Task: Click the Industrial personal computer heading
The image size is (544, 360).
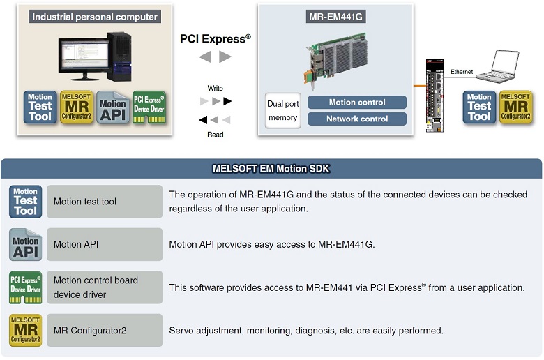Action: coord(95,16)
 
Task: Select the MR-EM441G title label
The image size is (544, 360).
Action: coord(335,16)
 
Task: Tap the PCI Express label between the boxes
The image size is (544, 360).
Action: coord(215,39)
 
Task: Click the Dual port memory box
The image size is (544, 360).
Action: coord(282,110)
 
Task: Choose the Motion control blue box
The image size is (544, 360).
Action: coord(356,103)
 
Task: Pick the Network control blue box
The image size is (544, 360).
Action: coord(356,119)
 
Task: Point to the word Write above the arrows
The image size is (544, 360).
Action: coord(215,89)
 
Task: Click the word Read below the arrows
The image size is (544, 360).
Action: coord(215,135)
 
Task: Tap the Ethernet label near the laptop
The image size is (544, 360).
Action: coord(462,72)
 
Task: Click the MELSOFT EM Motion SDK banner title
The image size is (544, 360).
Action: coord(271,168)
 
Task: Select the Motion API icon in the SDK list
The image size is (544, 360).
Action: coord(26,244)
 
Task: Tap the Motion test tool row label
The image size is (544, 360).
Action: coord(85,202)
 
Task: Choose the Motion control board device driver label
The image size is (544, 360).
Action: coord(96,287)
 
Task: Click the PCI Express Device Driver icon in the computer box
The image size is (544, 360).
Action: coord(149,107)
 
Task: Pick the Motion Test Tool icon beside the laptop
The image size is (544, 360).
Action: coord(479,107)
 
